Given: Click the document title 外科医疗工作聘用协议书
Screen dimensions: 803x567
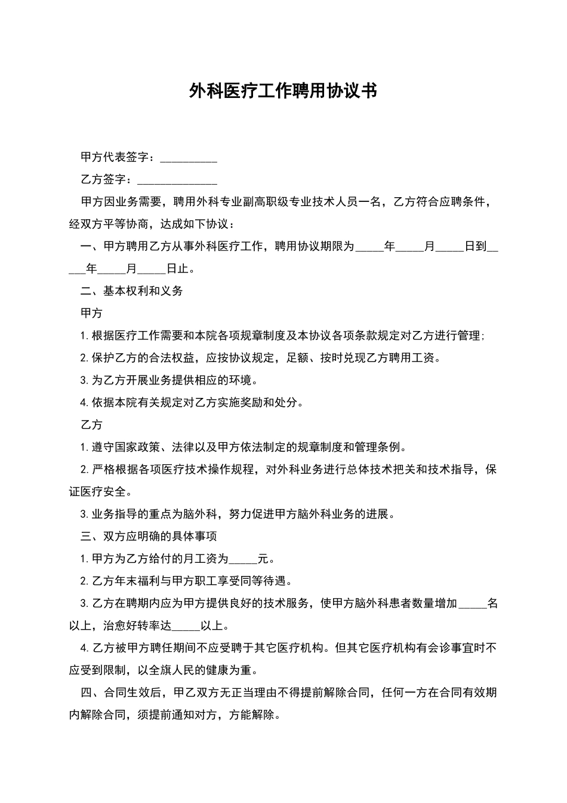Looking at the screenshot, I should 283,91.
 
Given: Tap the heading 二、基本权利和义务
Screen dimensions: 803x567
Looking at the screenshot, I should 131,291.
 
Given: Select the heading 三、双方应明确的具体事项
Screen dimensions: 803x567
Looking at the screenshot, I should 149,537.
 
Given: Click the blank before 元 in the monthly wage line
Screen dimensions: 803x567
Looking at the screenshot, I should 243,560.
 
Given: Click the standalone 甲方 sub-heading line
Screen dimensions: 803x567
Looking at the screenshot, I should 92,313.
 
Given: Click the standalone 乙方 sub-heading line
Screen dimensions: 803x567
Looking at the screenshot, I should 92,425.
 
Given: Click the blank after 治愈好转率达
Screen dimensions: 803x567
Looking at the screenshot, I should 186,627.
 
